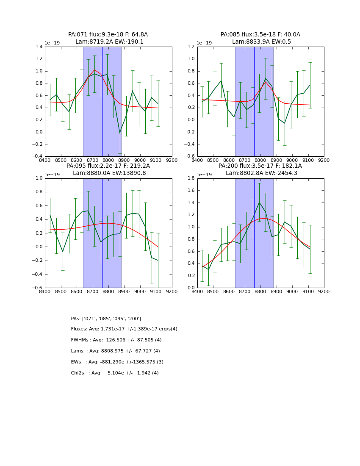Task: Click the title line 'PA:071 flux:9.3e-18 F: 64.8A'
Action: point(108,35)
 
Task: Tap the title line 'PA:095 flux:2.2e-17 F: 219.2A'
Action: point(108,166)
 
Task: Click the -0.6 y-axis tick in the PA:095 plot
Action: point(37,288)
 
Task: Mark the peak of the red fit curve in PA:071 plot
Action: point(94,70)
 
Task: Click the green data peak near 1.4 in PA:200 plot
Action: point(259,202)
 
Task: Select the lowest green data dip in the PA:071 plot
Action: point(119,133)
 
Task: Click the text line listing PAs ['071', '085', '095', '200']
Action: point(106,319)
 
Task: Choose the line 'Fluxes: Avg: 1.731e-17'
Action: point(124,329)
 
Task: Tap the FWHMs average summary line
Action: point(116,340)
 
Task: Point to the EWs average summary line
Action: point(117,362)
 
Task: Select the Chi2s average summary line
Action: point(114,373)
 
